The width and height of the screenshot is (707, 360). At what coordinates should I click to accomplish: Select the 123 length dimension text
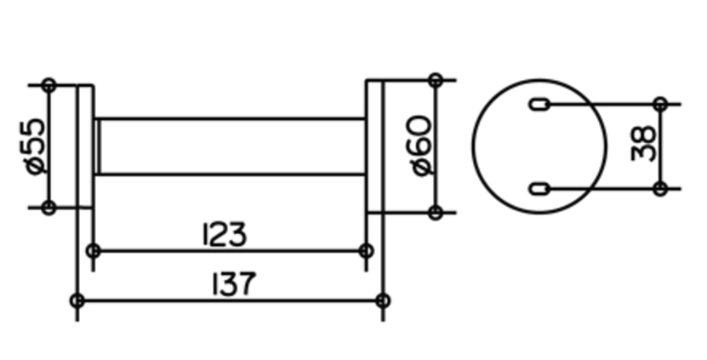(225, 234)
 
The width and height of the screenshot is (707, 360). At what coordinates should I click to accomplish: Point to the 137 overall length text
(234, 283)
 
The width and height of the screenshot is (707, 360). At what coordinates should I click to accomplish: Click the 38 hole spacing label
(643, 144)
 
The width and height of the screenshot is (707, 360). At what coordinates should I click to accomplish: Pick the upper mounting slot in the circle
(539, 105)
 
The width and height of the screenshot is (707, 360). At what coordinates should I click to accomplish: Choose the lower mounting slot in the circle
(539, 189)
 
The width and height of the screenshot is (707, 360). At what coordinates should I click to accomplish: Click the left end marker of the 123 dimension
(94, 250)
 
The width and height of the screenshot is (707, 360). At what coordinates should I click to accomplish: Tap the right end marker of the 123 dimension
(366, 250)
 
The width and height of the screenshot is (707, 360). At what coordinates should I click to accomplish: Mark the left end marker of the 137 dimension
(77, 300)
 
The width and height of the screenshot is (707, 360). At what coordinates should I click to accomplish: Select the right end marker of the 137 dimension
(383, 300)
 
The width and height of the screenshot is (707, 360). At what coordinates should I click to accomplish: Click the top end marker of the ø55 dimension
(48, 85)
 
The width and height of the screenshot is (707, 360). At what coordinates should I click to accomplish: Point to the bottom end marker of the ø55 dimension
(48, 208)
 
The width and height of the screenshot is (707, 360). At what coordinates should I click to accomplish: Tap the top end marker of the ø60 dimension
(436, 80)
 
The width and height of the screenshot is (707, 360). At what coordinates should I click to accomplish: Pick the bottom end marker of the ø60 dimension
(436, 213)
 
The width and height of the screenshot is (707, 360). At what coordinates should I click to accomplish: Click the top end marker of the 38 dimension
(660, 104)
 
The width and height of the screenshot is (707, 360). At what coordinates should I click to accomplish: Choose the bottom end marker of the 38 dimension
(660, 189)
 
